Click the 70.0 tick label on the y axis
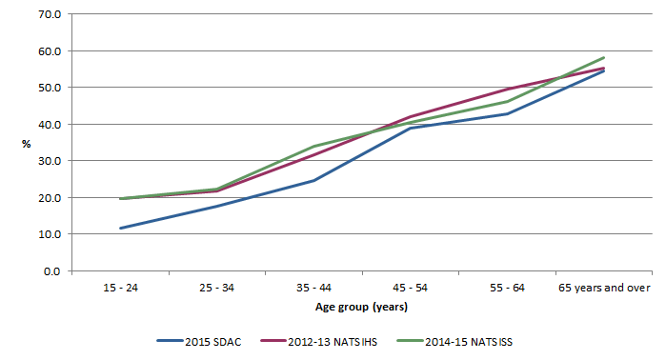click(50, 14)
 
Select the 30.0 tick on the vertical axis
click(50, 161)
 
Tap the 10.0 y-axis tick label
click(50, 234)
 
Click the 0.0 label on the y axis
click(52, 271)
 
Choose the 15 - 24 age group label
click(120, 288)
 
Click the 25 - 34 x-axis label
click(216, 288)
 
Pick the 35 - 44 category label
click(313, 288)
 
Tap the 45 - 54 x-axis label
click(410, 288)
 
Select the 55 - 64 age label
click(507, 288)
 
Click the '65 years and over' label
click(603, 288)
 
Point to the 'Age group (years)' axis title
click(362, 307)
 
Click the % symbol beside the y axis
click(27, 143)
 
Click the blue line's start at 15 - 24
click(120, 229)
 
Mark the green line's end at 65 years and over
click(604, 57)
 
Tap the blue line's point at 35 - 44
click(313, 181)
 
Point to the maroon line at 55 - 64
click(507, 89)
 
